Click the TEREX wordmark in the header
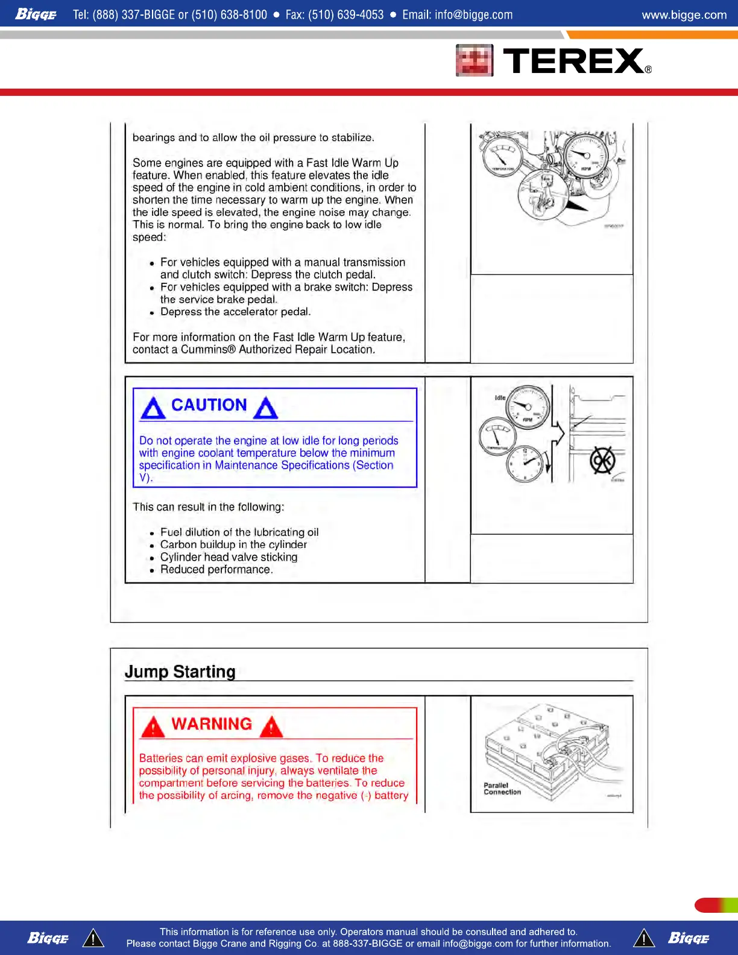[573, 61]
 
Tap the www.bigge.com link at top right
[684, 14]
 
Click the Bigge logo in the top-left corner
[36, 14]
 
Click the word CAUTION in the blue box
[209, 405]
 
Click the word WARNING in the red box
[212, 724]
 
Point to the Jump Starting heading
[180, 672]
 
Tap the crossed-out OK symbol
[602, 461]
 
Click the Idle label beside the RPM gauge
[500, 398]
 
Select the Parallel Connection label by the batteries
[502, 789]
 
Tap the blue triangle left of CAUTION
[153, 408]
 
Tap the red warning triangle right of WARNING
[272, 726]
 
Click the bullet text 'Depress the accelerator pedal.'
[235, 312]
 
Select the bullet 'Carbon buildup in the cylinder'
[233, 544]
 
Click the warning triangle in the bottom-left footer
[93, 938]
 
